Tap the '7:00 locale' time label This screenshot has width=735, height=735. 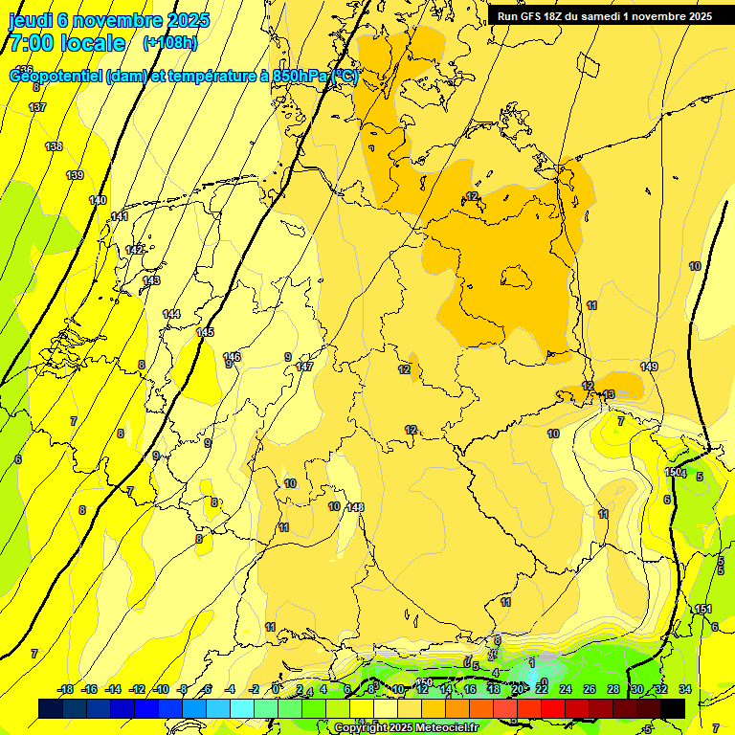click(x=67, y=43)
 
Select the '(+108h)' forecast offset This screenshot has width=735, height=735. click(x=169, y=43)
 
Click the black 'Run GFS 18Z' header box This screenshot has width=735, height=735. click(x=604, y=15)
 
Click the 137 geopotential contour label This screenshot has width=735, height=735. click(x=37, y=107)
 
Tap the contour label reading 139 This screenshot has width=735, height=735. click(x=75, y=175)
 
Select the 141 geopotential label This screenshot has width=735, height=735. click(x=120, y=217)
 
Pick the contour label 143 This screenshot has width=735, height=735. click(x=152, y=280)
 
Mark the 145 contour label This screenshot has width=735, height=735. click(x=205, y=332)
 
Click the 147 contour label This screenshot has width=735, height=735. click(x=304, y=367)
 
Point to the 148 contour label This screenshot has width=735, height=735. click(x=355, y=507)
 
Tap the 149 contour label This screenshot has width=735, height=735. click(x=649, y=367)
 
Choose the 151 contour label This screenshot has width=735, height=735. click(x=703, y=610)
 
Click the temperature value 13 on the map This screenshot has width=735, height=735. click(x=610, y=394)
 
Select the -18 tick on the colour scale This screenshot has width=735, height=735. click(x=66, y=689)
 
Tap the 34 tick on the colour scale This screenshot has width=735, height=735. click(x=685, y=689)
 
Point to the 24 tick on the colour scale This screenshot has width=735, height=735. click(x=566, y=689)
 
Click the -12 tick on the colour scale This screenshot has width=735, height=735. click(x=137, y=689)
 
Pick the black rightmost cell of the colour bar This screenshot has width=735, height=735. click(x=673, y=708)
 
